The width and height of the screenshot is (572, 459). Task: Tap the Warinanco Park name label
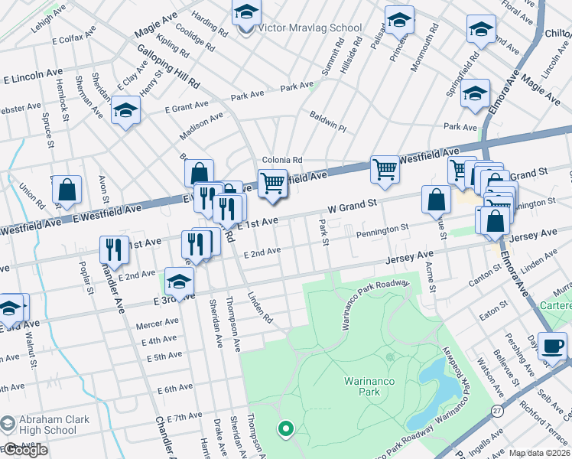coord(358,384)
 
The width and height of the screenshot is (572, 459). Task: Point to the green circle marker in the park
coord(287,429)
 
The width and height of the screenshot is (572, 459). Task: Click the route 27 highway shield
coord(497,433)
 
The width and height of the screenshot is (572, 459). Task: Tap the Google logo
coord(24,451)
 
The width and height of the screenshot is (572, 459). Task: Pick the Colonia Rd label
coord(282,160)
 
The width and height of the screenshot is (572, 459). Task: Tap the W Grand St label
coord(353,206)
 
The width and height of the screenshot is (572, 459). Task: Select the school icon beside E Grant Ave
coord(125,112)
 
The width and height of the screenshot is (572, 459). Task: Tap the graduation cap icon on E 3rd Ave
coord(180,281)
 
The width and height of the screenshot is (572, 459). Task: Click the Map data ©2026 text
coord(539,453)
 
